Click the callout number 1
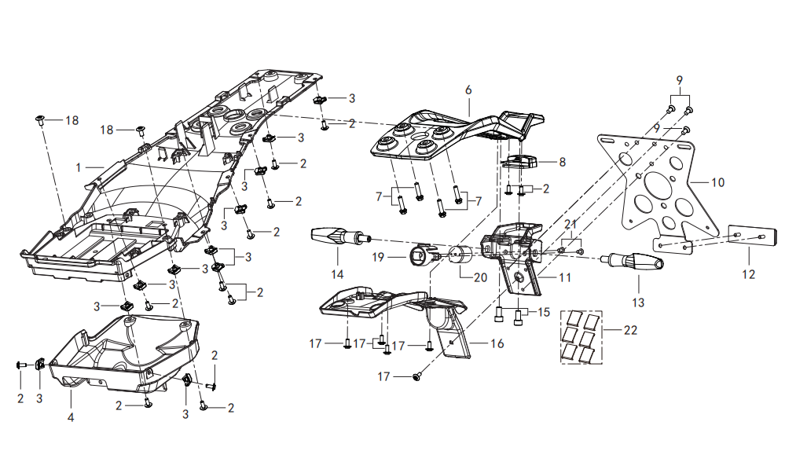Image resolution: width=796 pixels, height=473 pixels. click(x=78, y=167)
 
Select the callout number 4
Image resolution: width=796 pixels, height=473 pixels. click(x=71, y=418)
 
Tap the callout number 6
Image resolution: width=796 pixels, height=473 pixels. click(x=468, y=90)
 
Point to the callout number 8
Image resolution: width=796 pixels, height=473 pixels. click(x=562, y=163)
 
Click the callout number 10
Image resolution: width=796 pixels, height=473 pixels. click(x=718, y=182)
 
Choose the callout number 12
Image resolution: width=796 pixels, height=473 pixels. click(x=748, y=274)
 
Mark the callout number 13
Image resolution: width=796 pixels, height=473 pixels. click(x=638, y=303)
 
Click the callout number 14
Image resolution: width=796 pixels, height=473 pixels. click(x=337, y=274)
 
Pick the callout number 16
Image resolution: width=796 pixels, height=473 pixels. click(x=497, y=343)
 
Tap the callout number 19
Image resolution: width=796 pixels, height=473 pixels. click(x=378, y=257)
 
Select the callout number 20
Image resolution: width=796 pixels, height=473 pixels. click(x=480, y=277)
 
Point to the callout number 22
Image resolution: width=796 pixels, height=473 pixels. click(x=630, y=330)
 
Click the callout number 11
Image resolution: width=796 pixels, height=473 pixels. click(x=564, y=277)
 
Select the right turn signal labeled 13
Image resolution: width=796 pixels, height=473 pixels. click(x=632, y=261)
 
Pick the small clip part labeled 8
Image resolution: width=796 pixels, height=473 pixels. click(x=519, y=161)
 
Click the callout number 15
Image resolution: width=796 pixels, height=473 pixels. click(x=544, y=312)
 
